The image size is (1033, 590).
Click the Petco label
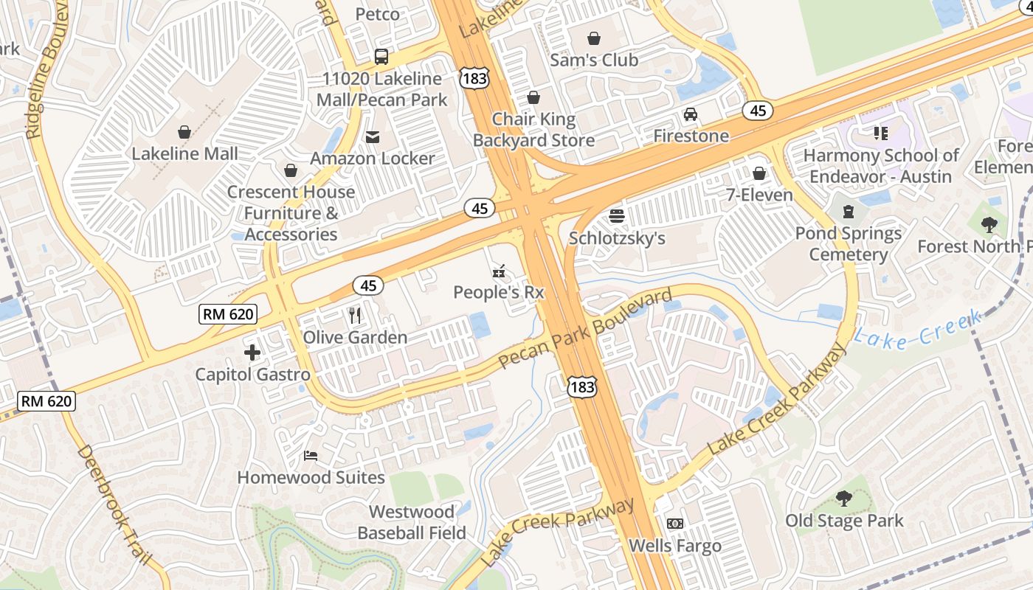point(377,14)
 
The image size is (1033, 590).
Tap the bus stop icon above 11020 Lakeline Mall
point(381,56)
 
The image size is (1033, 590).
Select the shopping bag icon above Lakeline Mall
point(184,132)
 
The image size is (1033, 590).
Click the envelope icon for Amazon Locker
point(372,136)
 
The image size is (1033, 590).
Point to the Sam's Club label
point(594,60)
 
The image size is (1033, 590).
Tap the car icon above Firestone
point(691,114)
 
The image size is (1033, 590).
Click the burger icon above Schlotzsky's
point(617,216)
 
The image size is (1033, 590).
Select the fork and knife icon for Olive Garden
point(355,316)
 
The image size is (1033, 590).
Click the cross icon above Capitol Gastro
point(252,353)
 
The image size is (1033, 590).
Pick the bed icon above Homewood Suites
point(311,456)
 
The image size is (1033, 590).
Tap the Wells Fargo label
point(674,546)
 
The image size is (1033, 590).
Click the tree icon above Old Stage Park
point(843,499)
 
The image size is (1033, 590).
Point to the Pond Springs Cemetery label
point(848,244)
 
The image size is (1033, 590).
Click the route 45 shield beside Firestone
point(758,111)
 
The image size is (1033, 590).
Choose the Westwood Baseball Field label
point(412,522)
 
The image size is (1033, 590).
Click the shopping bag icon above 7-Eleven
point(759,173)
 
